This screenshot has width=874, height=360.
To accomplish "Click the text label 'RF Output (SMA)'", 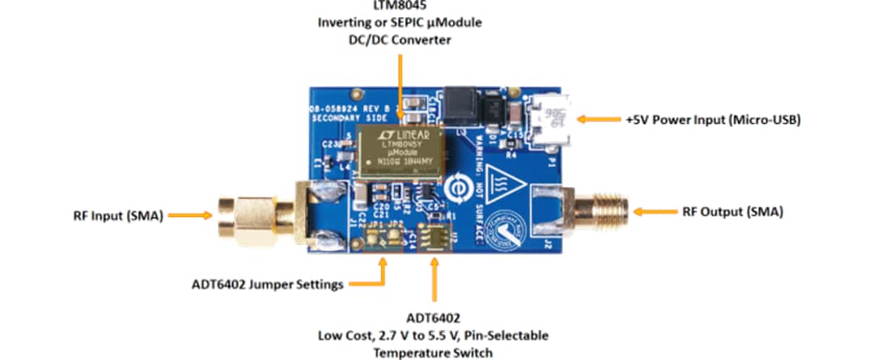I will [x=732, y=212].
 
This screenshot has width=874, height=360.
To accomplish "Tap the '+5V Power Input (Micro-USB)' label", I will [x=713, y=119].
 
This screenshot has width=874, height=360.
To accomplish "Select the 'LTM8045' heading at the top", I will [x=399, y=6].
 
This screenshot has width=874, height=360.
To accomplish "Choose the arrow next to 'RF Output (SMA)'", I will [x=651, y=212].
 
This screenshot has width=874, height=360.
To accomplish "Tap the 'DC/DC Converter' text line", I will [x=399, y=38].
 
